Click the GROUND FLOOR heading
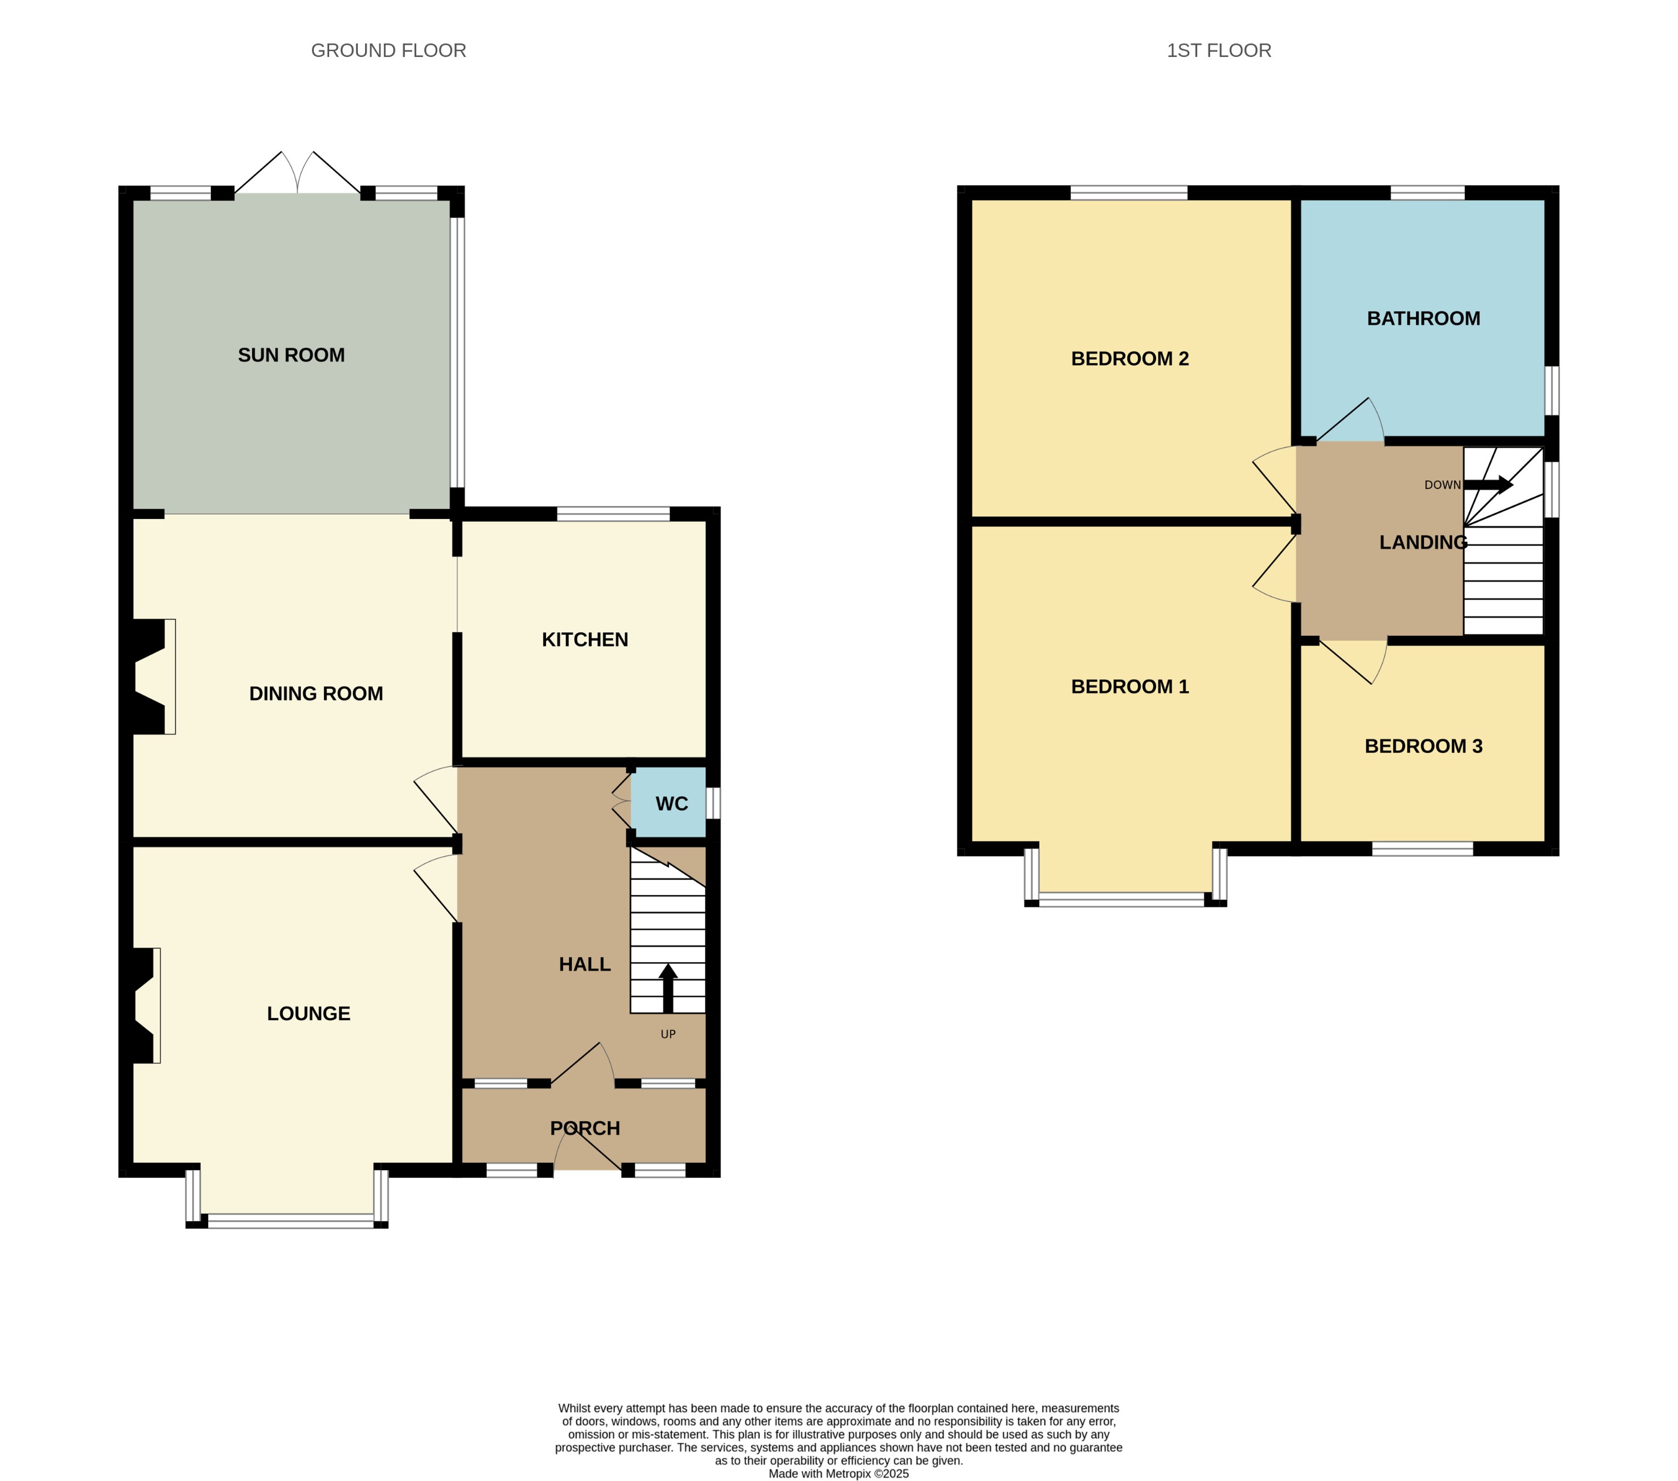[388, 51]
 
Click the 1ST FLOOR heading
[1218, 51]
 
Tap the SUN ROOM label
[292, 356]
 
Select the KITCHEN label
[585, 639]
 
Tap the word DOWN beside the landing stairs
[1442, 485]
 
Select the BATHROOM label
[1423, 319]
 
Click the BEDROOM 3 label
[1423, 746]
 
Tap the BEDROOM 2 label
[1130, 358]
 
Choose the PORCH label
[585, 1128]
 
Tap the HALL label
[585, 964]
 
